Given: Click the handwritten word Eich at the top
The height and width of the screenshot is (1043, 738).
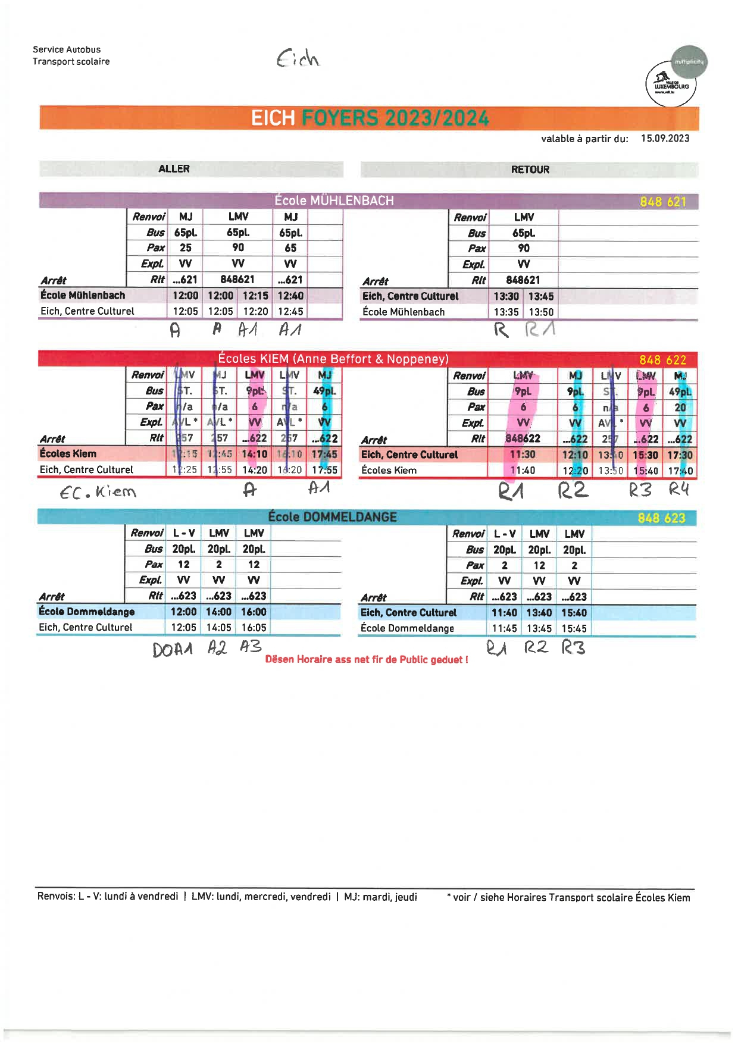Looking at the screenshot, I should point(298,58).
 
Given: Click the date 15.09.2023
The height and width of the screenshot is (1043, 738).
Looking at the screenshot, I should point(665,139).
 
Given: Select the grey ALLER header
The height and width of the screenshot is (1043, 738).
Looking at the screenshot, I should point(174,169).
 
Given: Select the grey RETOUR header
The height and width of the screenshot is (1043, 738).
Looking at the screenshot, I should point(530,170).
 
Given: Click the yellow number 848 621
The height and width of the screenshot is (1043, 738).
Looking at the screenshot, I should point(663,202).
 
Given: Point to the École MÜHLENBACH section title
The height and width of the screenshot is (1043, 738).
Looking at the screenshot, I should point(334,201).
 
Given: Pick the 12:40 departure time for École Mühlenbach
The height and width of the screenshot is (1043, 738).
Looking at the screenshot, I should point(290,296).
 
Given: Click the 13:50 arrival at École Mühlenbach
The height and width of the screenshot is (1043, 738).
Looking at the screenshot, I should point(540,312).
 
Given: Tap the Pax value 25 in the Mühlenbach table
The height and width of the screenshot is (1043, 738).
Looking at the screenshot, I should point(186,248).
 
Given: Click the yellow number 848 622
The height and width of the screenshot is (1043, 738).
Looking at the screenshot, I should point(662,360).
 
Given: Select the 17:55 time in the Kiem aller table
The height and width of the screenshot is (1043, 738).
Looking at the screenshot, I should point(324,469).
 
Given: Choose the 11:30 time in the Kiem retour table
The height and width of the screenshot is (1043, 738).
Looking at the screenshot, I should point(523,455).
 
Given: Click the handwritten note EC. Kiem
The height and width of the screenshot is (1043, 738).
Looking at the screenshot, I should point(98,492).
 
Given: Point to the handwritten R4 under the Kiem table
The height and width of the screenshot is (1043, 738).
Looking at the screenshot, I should point(678,490).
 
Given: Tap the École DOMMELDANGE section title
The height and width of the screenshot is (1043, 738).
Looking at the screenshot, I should point(332,516).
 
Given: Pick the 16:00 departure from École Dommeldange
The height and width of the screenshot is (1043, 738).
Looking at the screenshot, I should point(254,612).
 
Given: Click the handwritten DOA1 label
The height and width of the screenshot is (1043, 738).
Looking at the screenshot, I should point(173,649).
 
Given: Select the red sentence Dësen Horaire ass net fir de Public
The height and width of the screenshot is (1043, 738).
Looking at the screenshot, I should point(367,659).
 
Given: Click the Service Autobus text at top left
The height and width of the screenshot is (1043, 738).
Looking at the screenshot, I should point(67,50).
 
